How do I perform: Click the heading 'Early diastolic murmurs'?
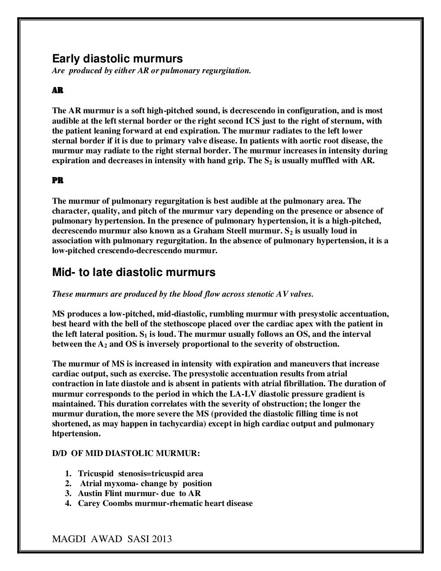click(x=117, y=59)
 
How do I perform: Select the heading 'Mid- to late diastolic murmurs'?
click(x=134, y=272)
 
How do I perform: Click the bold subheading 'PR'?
click(x=58, y=181)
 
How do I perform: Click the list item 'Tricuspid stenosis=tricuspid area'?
click(x=140, y=474)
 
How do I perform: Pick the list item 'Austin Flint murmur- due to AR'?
click(x=139, y=493)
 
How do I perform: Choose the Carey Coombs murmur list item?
click(x=165, y=503)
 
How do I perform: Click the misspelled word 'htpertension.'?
click(x=76, y=434)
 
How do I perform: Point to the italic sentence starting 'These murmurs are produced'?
click(x=183, y=295)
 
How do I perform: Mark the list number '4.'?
click(x=68, y=503)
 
